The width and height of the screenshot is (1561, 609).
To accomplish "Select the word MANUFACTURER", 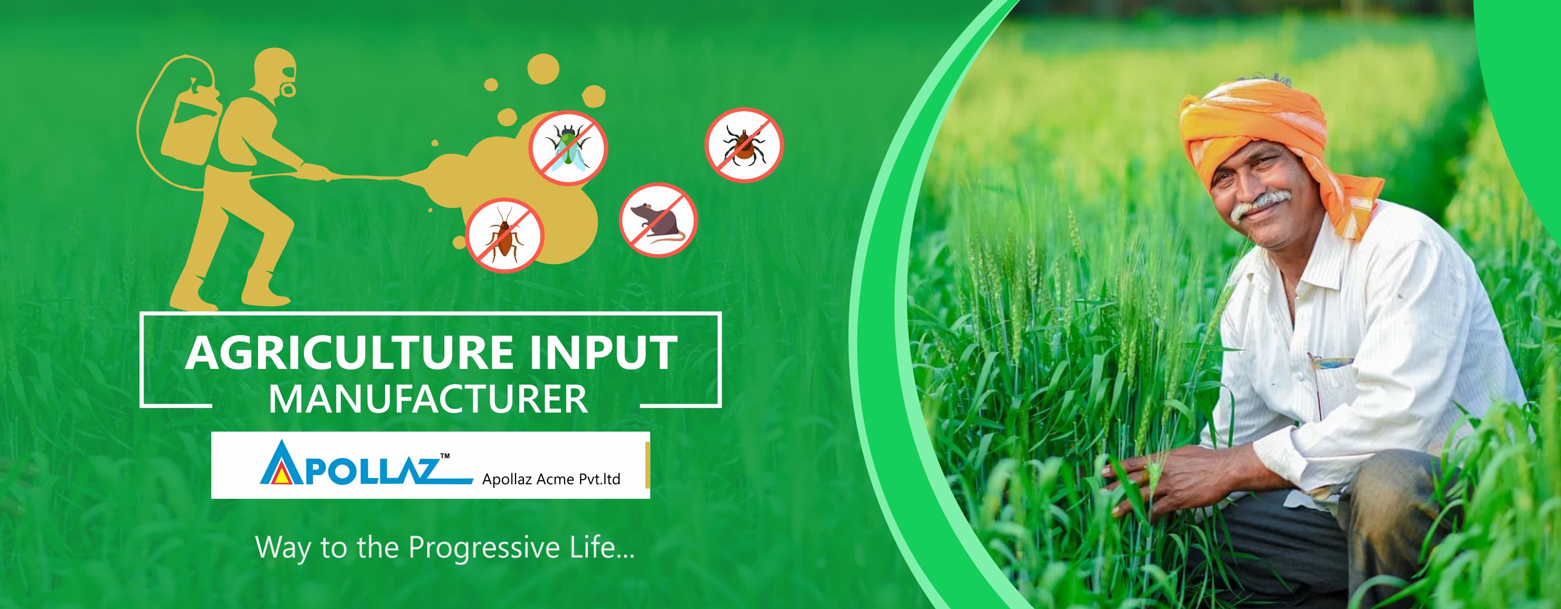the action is point(428,399).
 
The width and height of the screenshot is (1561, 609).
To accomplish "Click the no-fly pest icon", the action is point(568,147).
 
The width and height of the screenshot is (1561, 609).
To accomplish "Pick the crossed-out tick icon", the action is point(744,144).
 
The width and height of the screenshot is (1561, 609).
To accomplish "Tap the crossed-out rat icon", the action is point(658,220).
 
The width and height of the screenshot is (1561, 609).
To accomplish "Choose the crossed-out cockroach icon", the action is point(504,235).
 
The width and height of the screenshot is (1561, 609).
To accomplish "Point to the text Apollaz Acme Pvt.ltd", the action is point(551,480).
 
